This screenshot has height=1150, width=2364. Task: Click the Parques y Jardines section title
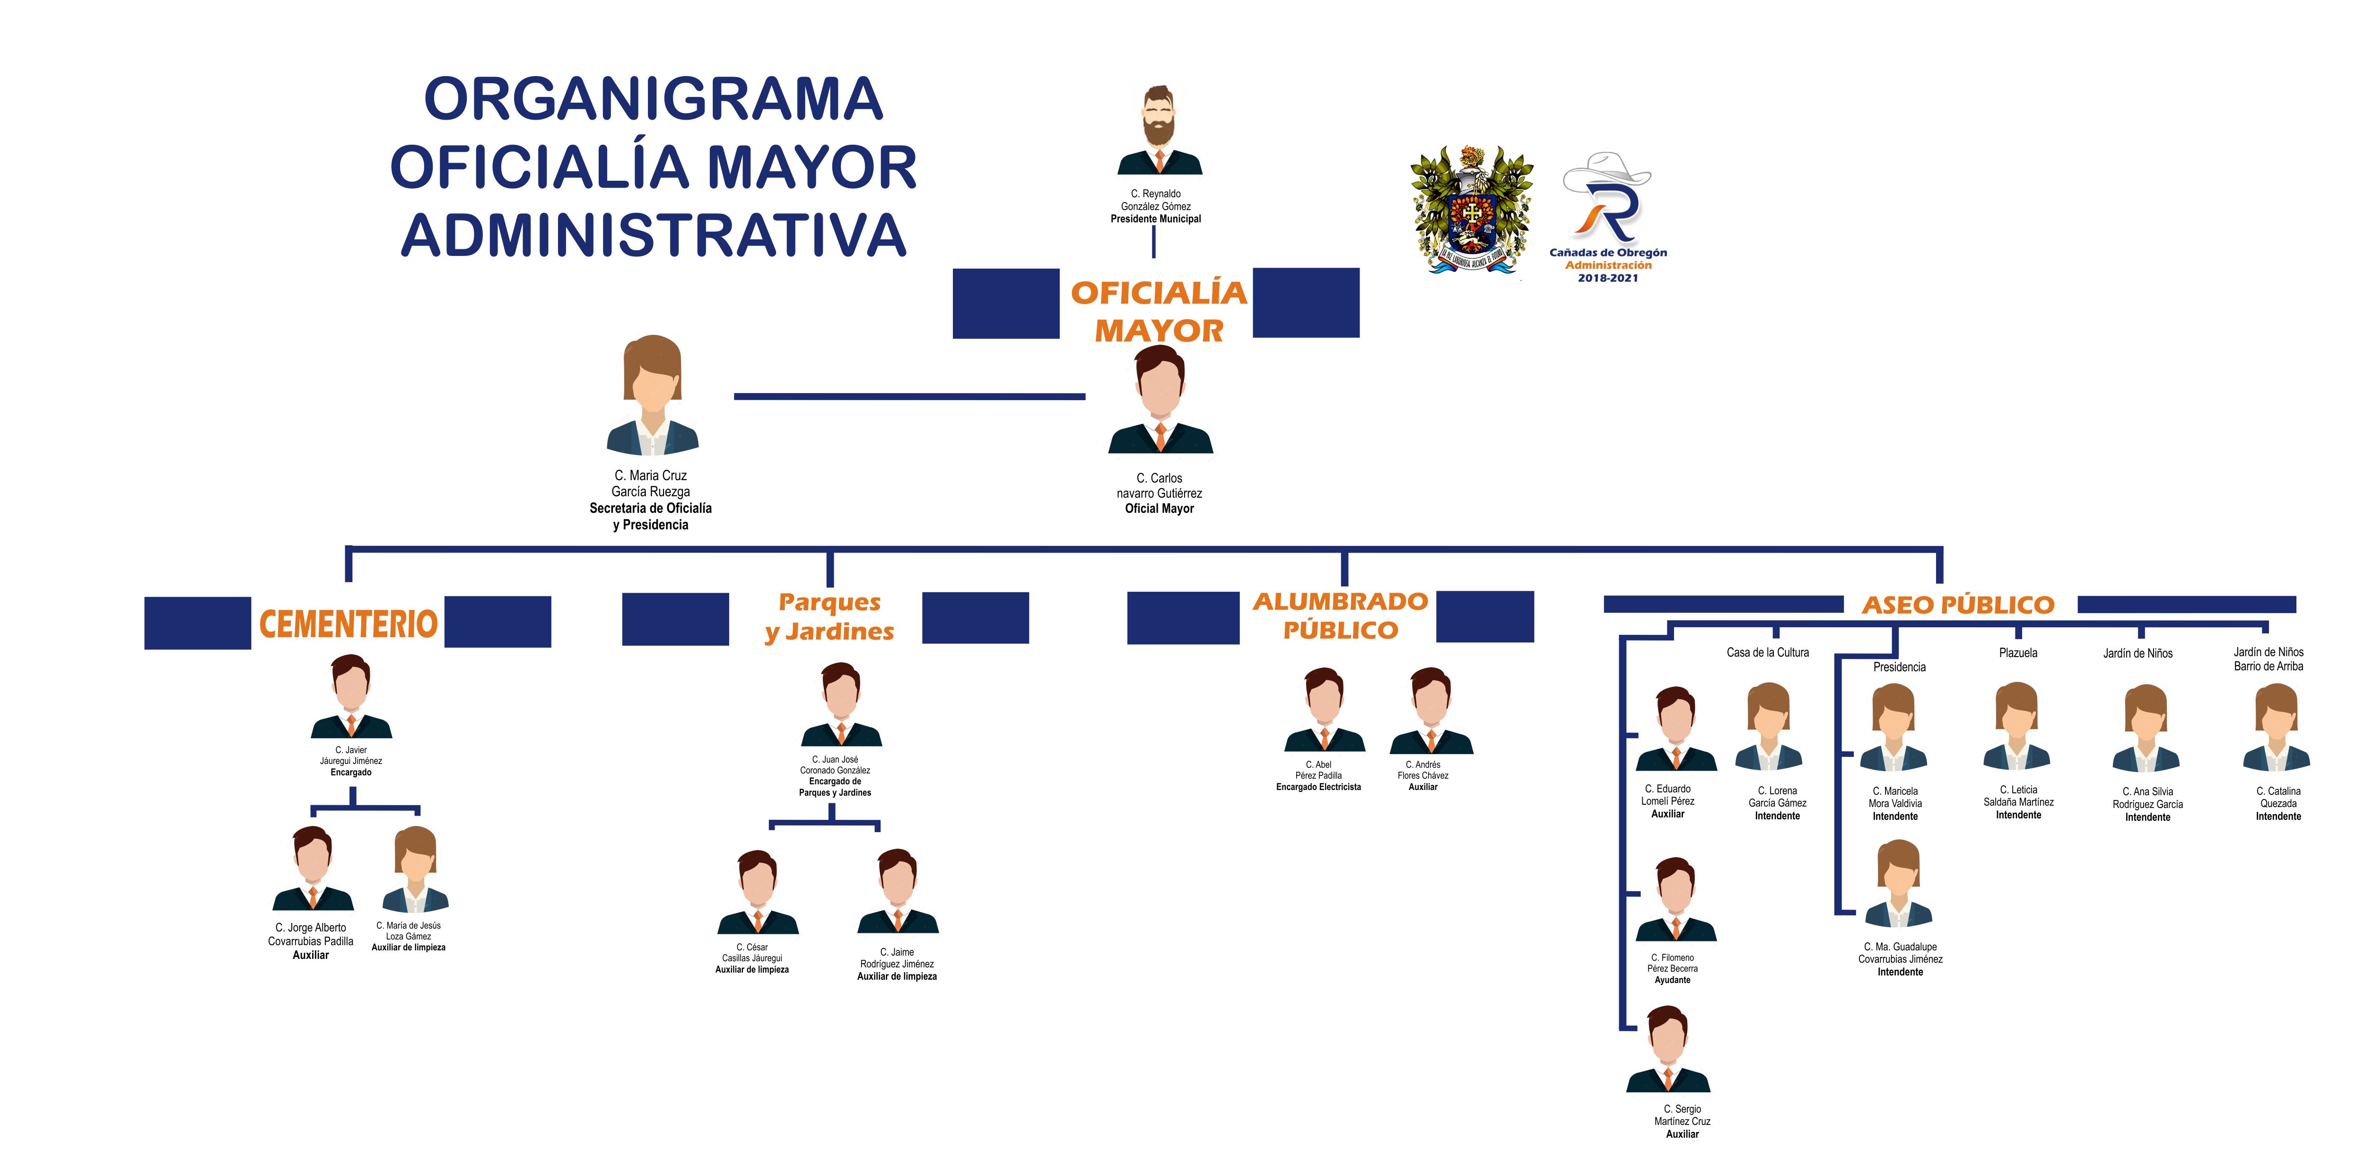(829, 617)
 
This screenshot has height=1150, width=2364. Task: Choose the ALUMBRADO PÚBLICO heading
(1341, 616)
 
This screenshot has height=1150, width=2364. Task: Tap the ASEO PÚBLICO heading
(1957, 605)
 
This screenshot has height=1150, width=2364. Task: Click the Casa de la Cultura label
(1768, 652)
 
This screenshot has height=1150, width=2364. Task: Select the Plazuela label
(2018, 652)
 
